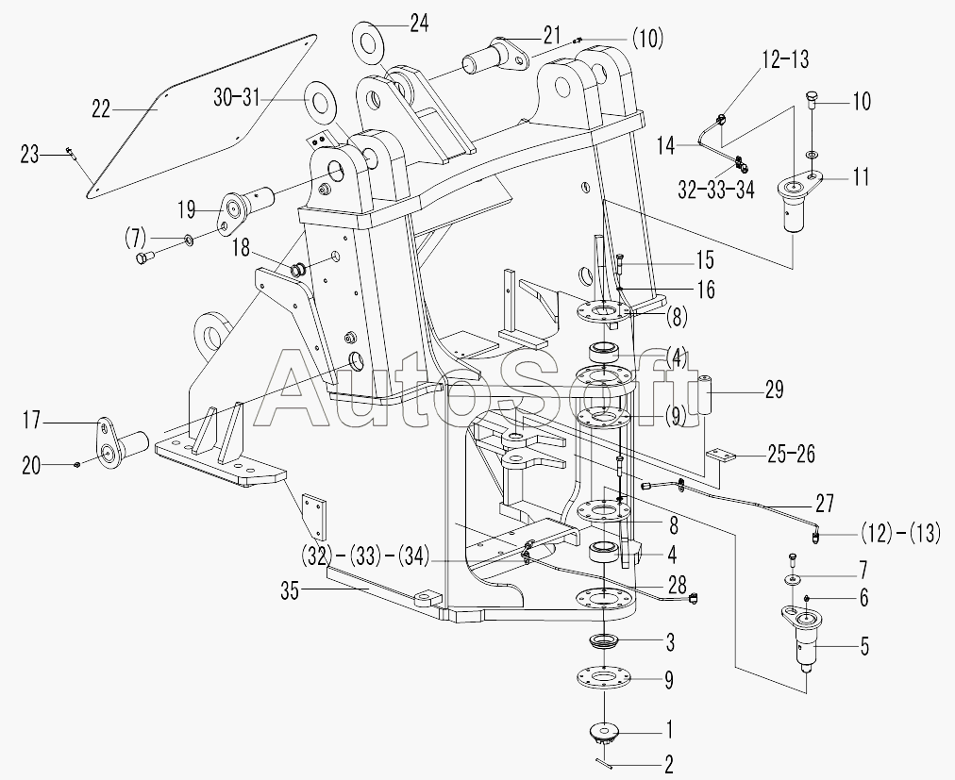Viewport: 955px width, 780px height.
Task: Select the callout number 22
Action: [102, 108]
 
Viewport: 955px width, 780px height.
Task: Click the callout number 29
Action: [773, 390]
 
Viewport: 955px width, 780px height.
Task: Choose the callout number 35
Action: [292, 592]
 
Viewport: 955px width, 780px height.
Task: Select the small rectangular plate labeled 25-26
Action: [726, 456]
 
